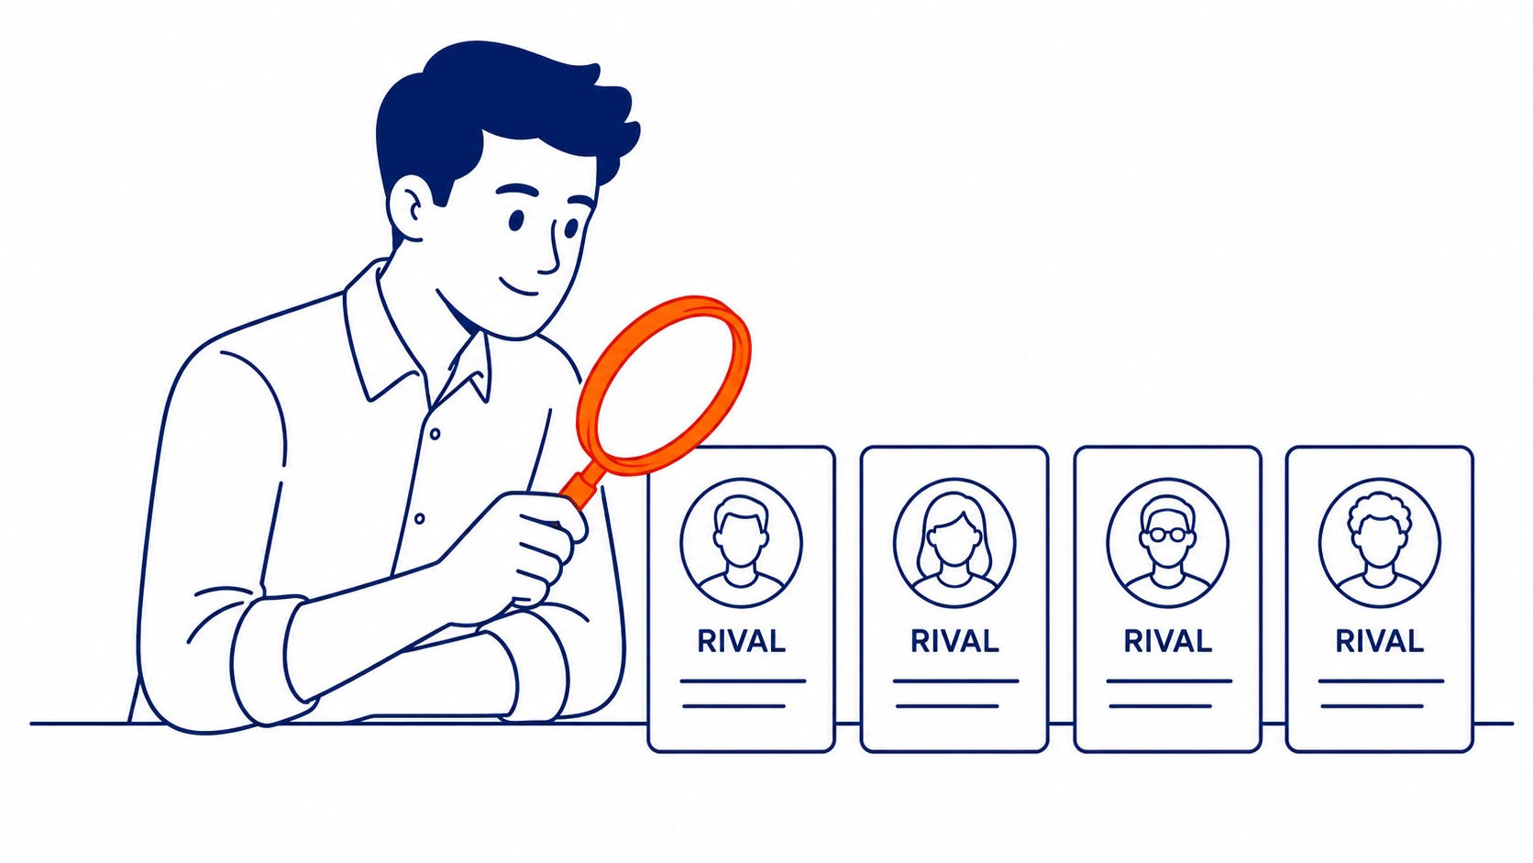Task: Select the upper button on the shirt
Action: click(435, 434)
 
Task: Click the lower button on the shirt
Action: click(420, 519)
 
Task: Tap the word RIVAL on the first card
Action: click(741, 641)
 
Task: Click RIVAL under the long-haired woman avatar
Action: click(954, 641)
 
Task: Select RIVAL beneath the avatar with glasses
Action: click(1167, 641)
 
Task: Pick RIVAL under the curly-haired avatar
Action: click(1380, 641)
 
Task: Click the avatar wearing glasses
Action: click(1167, 543)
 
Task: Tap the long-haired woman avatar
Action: click(954, 543)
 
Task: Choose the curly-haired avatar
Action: click(1380, 543)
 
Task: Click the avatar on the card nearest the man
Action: click(741, 543)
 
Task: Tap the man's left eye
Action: click(516, 220)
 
